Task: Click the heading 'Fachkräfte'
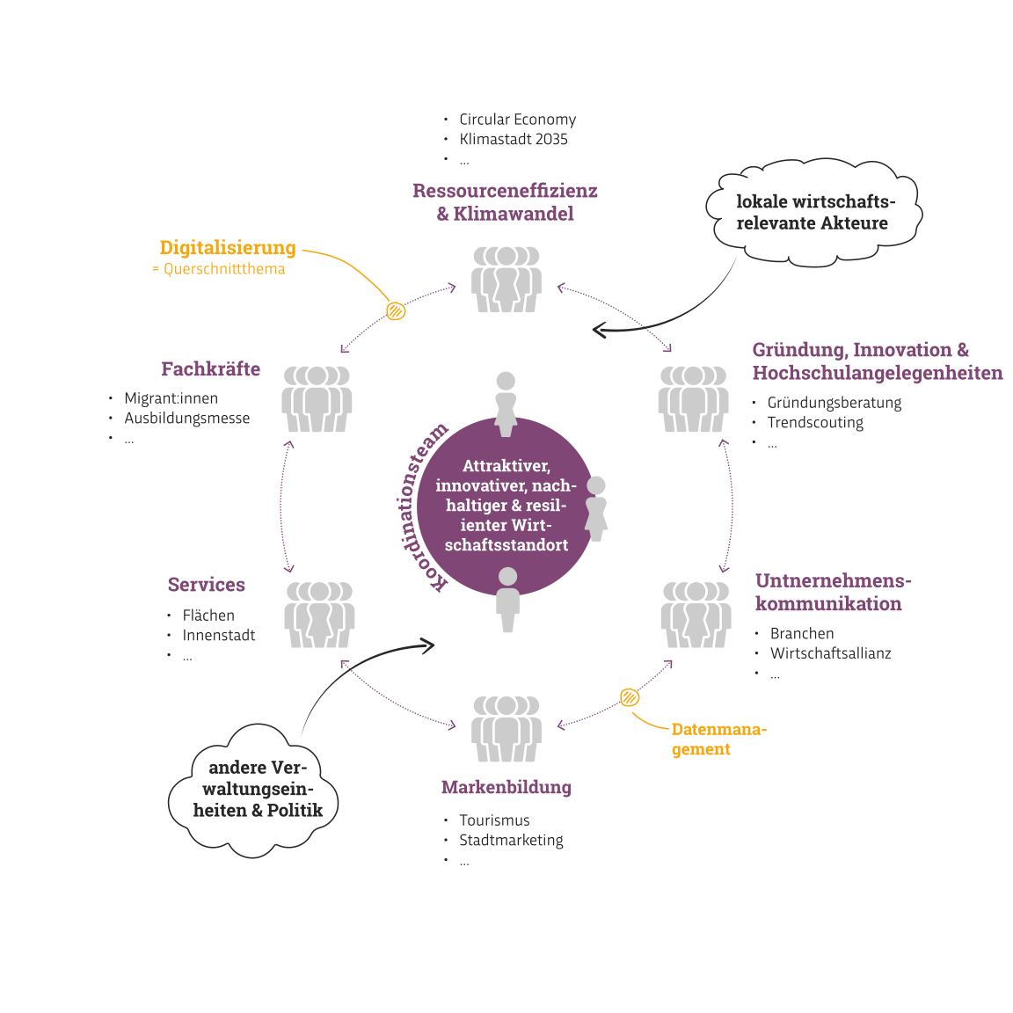click(x=210, y=369)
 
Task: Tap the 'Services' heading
click(x=206, y=585)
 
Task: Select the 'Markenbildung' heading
click(x=506, y=787)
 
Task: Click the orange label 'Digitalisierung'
click(x=227, y=248)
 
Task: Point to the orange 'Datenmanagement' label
click(x=718, y=739)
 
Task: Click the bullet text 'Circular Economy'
click(x=517, y=120)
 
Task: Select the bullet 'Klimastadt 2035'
click(x=513, y=140)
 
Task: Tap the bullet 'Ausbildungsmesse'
click(x=186, y=419)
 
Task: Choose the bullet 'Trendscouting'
click(x=814, y=423)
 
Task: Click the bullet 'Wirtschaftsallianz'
click(x=830, y=653)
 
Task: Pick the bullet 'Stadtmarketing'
click(x=511, y=841)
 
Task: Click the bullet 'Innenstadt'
click(x=219, y=636)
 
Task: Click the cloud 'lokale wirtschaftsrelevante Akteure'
click(x=813, y=213)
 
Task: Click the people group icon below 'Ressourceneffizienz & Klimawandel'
click(x=506, y=280)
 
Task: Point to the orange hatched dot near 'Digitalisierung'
click(x=396, y=310)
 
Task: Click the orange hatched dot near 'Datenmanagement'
click(x=630, y=697)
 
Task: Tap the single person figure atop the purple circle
click(x=506, y=404)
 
